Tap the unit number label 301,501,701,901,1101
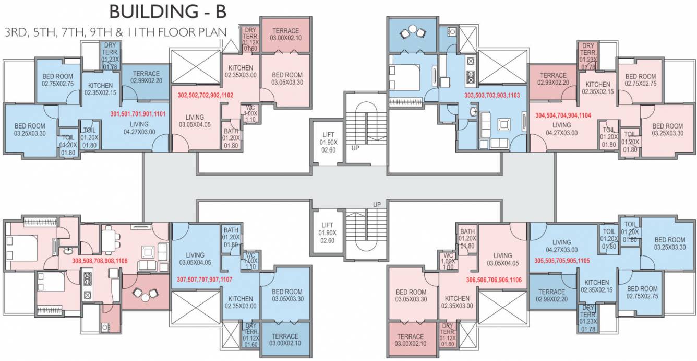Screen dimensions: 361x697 coord(138,113)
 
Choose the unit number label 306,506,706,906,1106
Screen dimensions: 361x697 coord(494,280)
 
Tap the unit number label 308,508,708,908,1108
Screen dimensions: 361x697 coord(100,260)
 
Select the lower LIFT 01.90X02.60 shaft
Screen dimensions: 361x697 coord(328,232)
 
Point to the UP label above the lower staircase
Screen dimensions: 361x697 coord(377,204)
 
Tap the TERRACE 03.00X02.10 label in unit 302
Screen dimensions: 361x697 coord(285,34)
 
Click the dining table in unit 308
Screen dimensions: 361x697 coord(109,241)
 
